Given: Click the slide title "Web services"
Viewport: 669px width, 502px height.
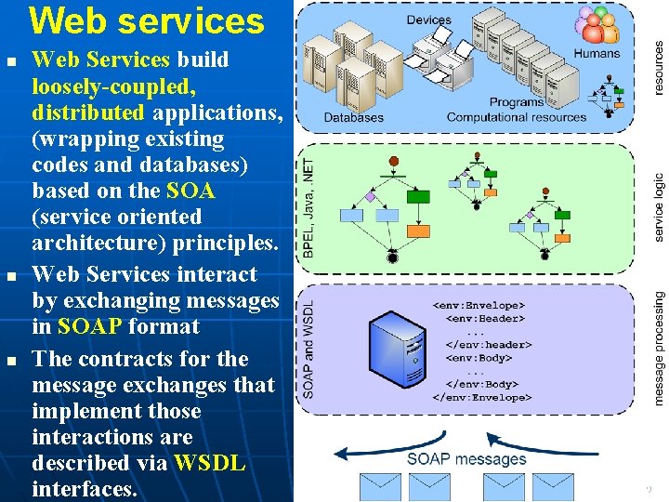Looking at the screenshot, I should coord(147,20).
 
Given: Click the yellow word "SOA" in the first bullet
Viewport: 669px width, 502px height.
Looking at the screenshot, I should coord(190,192).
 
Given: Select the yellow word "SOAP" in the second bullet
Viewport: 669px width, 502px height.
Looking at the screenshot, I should coord(89,326).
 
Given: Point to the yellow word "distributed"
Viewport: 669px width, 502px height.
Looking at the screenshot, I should coord(88,113).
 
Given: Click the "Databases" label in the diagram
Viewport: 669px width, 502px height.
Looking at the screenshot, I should coord(353,118).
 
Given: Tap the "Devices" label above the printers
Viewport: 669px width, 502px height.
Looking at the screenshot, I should coord(428,20).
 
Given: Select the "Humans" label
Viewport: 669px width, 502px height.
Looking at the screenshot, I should coord(597,53).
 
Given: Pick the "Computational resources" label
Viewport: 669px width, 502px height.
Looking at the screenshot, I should coord(517,118).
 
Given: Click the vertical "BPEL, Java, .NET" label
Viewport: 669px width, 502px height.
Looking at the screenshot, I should coord(308,207).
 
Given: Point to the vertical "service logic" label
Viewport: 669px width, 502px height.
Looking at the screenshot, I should coord(658,207).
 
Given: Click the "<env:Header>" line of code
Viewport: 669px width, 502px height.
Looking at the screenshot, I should coord(484,318).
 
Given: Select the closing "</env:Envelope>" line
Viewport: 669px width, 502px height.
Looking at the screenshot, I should coord(482,397).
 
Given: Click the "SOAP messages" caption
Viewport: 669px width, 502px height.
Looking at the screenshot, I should coord(466,459).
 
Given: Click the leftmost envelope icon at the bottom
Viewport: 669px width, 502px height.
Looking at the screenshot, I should coord(379,487).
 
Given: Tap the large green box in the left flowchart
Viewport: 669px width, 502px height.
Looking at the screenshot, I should coord(419,196).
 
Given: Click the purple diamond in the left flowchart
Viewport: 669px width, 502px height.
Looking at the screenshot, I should coord(370,197).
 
